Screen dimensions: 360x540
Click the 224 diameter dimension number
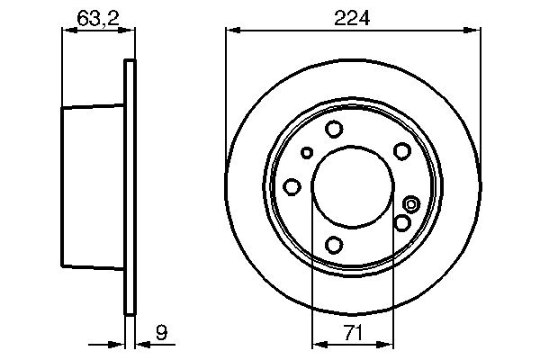(x=352, y=16)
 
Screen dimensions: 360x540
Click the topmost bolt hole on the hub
(x=334, y=129)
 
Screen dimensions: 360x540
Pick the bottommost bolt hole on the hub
(x=334, y=244)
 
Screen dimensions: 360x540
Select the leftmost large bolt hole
(x=292, y=186)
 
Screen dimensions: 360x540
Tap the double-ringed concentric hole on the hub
(x=411, y=203)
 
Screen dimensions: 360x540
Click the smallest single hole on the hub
(x=307, y=152)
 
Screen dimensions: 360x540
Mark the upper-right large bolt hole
(x=402, y=151)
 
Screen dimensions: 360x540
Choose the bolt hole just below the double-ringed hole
(x=402, y=221)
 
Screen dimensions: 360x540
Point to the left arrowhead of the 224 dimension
(x=230, y=31)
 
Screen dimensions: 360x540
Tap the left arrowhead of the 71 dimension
(x=317, y=344)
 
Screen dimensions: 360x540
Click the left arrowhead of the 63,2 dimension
(x=66, y=31)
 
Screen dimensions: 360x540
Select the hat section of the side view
(x=90, y=187)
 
